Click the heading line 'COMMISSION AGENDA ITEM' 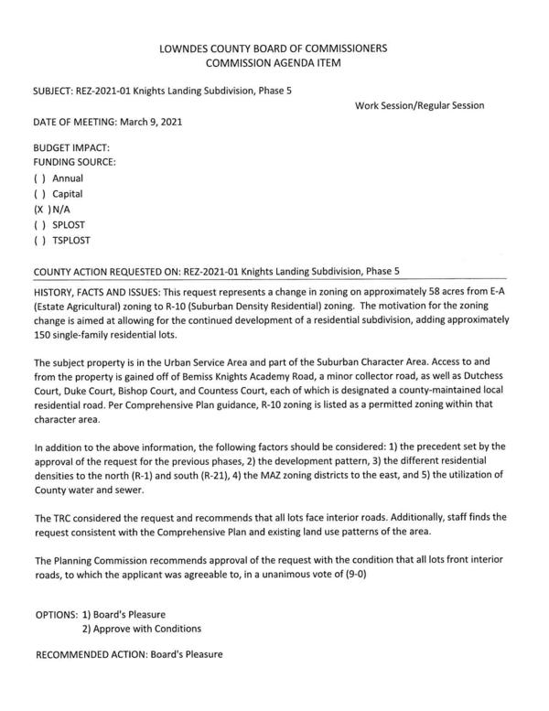[274, 62]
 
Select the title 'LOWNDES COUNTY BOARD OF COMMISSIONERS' [274, 47]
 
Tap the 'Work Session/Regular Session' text [418, 106]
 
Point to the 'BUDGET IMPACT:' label [70, 147]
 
